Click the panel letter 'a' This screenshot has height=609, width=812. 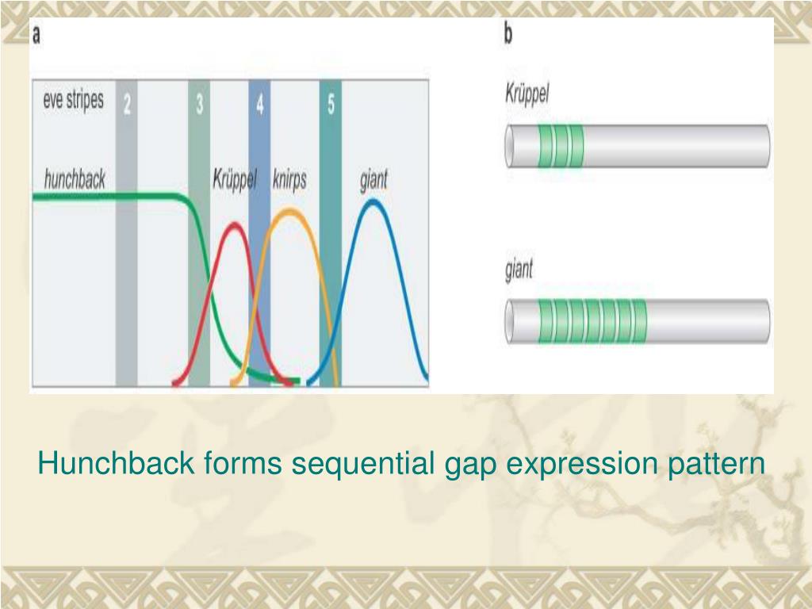pos(37,36)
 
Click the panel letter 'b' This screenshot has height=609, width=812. pos(508,35)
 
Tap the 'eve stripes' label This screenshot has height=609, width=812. pos(73,101)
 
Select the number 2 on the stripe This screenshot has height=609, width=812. pos(127,104)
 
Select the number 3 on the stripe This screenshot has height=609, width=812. pos(199,104)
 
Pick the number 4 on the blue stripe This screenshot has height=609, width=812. pos(260,104)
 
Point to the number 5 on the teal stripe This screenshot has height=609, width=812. pos(331,104)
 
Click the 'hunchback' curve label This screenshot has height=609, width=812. pos(75,178)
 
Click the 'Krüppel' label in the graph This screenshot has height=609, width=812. pos(234,179)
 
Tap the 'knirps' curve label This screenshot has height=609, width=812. pos(289,179)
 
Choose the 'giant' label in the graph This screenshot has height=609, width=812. pos(373,179)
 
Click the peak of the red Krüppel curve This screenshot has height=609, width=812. pos(234,225)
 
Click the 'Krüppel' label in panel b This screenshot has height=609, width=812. pos(527,94)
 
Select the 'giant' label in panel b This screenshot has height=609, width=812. pos(519,270)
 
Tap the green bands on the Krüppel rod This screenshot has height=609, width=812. pos(561,146)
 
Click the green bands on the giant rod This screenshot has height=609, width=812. pos(592,321)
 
